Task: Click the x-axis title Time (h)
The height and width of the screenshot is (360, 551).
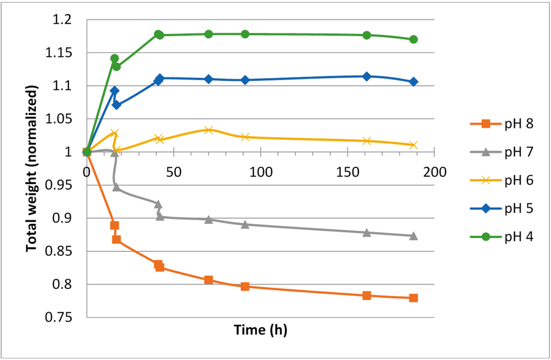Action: point(260,330)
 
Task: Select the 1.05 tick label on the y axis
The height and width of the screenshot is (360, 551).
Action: point(62,119)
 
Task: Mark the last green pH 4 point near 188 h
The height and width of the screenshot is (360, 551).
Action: point(413,39)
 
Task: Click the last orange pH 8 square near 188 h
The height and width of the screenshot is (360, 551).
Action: point(413,298)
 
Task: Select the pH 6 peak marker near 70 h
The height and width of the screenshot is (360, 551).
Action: point(209,130)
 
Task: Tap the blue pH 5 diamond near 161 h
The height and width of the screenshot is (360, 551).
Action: point(366,76)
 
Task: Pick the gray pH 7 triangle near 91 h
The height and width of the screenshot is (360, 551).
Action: point(245,224)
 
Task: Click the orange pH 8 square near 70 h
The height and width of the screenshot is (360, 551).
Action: point(209,280)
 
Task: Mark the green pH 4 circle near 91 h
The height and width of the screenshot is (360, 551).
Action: point(245,34)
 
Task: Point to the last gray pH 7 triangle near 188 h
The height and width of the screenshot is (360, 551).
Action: point(413,236)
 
